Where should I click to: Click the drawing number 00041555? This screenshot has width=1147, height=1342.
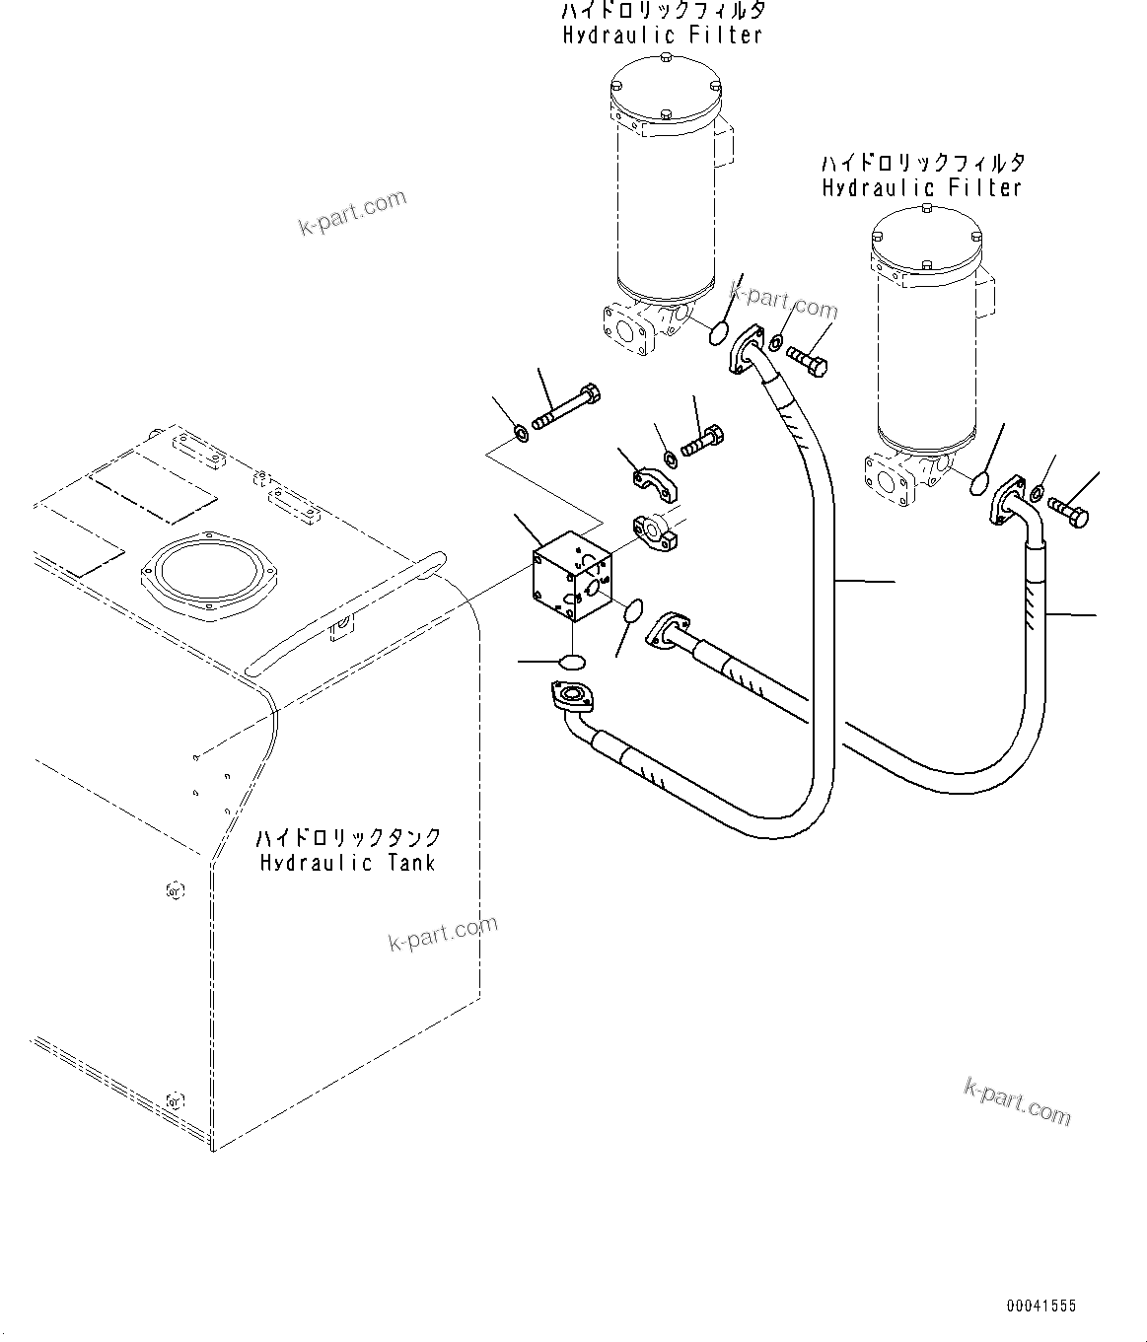(1040, 1306)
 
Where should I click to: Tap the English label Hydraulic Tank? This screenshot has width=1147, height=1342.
(347, 863)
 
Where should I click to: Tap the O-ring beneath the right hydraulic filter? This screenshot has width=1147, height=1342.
(979, 482)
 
